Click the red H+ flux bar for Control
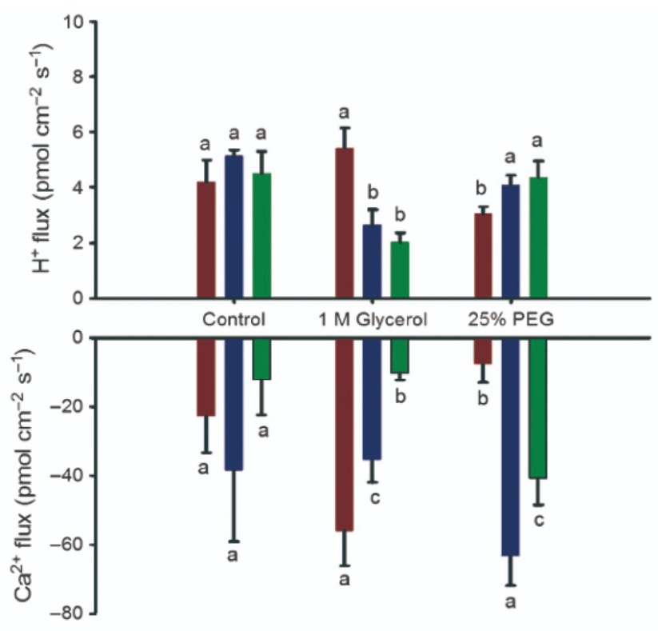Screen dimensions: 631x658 206,240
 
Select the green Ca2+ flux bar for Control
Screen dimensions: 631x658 261,357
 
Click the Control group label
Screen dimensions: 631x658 233,320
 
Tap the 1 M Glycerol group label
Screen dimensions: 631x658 372,320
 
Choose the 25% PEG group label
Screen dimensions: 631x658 511,320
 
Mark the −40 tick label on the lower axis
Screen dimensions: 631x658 70,476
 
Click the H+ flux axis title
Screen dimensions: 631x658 42,160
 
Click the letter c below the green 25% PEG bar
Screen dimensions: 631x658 538,521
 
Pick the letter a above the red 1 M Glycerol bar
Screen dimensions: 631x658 345,112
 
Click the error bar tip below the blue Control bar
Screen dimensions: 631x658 233,541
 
